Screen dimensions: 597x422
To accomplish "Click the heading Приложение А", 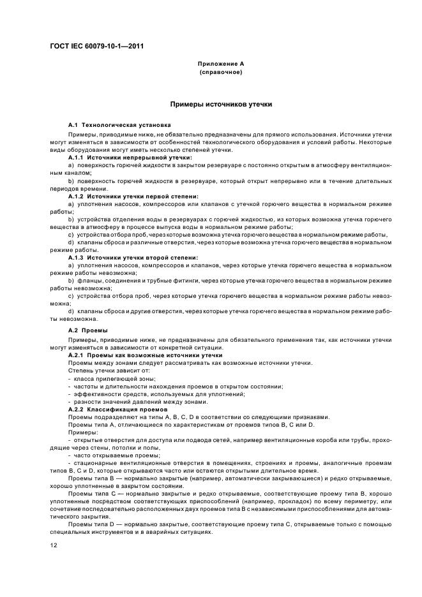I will (x=220, y=64).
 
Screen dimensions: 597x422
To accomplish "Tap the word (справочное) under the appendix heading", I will (x=220, y=72).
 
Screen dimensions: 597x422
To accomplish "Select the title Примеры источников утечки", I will (x=221, y=103).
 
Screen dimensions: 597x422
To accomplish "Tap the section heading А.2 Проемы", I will (x=88, y=330).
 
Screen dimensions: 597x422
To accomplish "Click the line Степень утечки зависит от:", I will (x=100, y=371).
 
